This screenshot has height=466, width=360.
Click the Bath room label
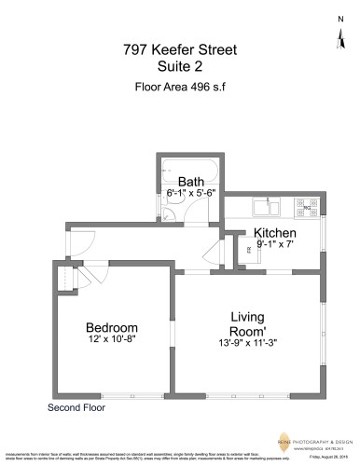click(x=191, y=182)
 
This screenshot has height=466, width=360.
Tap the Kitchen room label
click(x=275, y=232)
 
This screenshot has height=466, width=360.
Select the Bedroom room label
click(x=112, y=327)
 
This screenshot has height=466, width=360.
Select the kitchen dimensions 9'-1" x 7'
click(x=275, y=243)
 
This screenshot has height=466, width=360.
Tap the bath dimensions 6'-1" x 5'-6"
click(x=191, y=193)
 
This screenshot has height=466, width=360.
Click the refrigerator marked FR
click(x=248, y=251)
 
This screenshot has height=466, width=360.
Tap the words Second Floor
click(x=74, y=407)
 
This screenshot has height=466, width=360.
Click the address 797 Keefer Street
click(x=180, y=48)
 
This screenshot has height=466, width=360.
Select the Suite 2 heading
click(x=180, y=67)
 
